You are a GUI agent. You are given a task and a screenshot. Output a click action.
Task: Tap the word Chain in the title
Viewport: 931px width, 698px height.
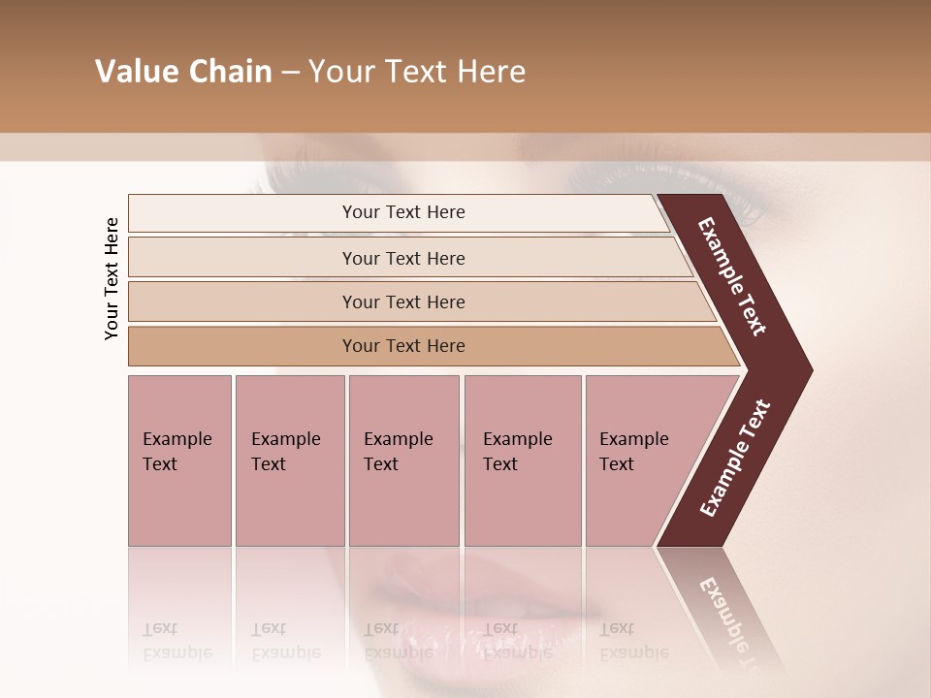tap(230, 72)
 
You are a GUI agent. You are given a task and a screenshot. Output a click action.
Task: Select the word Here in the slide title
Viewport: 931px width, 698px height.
tap(491, 72)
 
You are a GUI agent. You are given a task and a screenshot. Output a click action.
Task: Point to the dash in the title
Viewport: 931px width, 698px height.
tap(289, 73)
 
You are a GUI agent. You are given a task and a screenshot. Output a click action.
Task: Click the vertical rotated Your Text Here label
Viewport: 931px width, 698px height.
tap(112, 278)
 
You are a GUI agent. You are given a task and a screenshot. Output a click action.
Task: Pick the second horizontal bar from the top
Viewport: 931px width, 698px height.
tap(403, 258)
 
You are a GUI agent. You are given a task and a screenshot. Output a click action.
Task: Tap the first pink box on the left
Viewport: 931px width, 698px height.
tap(179, 460)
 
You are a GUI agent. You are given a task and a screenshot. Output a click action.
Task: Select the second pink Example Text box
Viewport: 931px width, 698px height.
tap(290, 460)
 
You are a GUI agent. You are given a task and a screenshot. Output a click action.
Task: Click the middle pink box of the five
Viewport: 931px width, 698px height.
tap(403, 460)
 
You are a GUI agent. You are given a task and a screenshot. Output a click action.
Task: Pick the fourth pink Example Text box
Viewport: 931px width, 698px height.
tap(523, 460)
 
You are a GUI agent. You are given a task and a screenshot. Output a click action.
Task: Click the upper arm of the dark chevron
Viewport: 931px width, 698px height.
tap(732, 276)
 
